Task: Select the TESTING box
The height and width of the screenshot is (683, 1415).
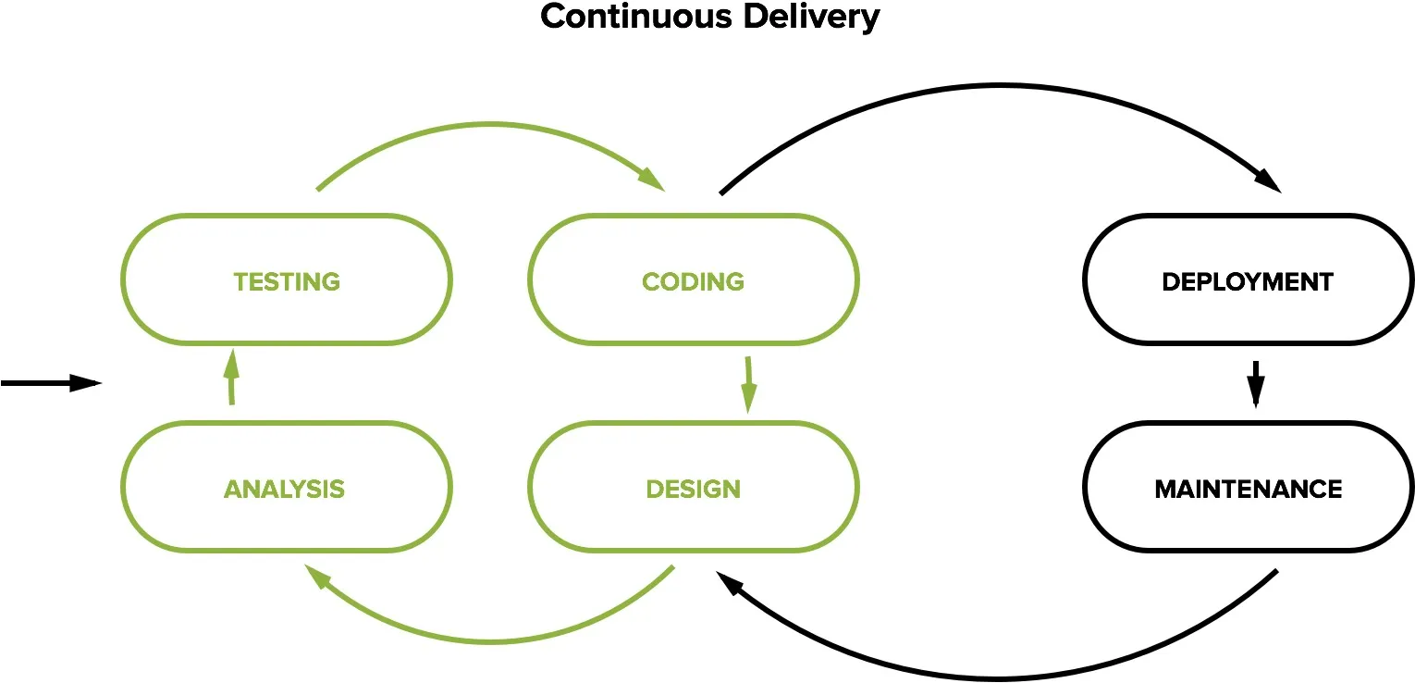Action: (x=287, y=280)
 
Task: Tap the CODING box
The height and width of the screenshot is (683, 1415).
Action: (x=693, y=280)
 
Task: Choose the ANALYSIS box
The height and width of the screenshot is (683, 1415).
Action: (x=285, y=488)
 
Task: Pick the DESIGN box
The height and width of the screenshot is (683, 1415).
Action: (x=693, y=488)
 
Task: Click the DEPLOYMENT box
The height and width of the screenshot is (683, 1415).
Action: (x=1248, y=280)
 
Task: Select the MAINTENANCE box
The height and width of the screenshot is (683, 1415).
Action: (x=1248, y=488)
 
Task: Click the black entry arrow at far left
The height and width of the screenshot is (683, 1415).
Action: (x=51, y=383)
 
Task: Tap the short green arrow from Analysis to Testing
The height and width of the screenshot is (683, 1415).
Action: (x=231, y=377)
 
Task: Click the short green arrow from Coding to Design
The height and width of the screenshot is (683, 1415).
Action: (x=747, y=383)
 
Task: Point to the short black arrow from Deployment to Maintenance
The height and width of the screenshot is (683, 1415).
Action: (x=1255, y=383)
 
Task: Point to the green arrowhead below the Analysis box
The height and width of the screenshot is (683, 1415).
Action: (x=319, y=577)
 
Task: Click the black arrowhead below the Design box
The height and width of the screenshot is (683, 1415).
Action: (x=730, y=584)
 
